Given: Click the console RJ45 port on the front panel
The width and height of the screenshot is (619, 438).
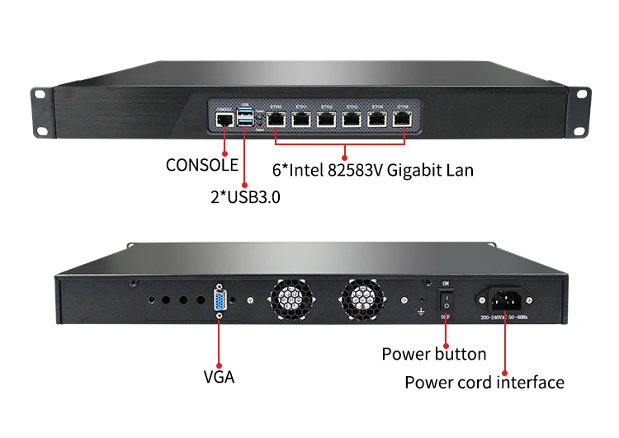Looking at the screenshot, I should point(223,120).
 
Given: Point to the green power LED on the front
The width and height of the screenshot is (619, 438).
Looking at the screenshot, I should point(258,117).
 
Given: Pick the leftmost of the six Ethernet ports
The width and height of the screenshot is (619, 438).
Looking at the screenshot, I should point(276,120).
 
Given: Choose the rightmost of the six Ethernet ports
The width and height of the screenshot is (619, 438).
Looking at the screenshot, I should point(403,120).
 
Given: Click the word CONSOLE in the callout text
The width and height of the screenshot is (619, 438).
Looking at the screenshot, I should point(201,165).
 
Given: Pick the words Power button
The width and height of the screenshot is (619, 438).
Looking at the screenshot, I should point(433,354).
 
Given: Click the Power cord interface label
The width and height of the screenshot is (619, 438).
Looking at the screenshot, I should point(484,382).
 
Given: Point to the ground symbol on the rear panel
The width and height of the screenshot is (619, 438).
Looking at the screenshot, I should point(422,312).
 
